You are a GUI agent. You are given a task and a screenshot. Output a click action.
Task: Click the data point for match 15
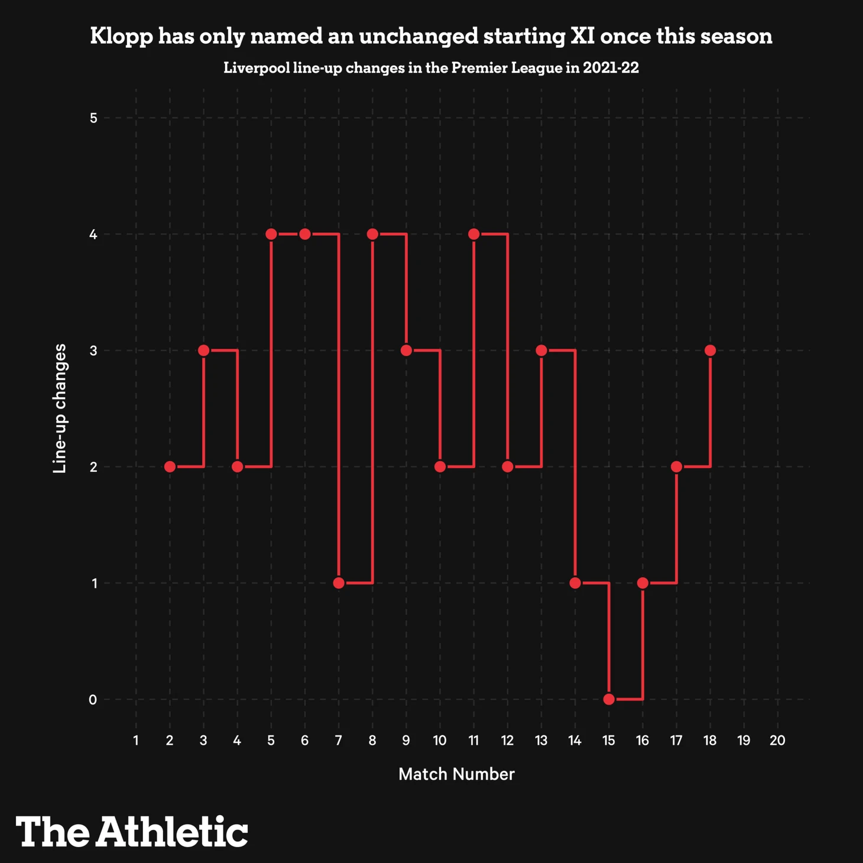point(609,699)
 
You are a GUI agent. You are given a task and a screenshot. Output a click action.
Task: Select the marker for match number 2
point(170,467)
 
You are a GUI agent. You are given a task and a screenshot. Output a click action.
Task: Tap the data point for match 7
point(339,583)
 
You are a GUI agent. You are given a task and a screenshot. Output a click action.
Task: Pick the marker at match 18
point(710,351)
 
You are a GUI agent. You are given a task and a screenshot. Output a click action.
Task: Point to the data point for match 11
point(473,234)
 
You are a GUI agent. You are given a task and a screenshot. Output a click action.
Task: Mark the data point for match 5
point(271,234)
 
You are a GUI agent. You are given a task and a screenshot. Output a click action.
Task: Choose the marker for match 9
point(406,351)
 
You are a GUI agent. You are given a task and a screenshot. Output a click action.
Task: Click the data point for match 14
point(575,583)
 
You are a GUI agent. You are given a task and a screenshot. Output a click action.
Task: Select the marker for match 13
point(541,351)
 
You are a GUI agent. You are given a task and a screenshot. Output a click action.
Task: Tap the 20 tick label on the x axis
point(777,741)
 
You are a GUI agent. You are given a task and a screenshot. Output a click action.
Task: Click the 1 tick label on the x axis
point(136,741)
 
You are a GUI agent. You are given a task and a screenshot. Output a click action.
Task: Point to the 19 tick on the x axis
point(744,741)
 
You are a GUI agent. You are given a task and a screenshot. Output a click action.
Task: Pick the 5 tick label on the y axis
point(93,118)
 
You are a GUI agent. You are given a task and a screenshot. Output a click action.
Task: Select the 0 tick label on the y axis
point(93,700)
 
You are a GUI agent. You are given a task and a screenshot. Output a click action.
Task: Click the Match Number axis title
point(456,774)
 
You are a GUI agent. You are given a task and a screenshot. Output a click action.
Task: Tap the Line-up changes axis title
point(60,408)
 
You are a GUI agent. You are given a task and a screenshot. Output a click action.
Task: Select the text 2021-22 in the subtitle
point(611,68)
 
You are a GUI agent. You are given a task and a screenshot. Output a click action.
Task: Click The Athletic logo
point(132,832)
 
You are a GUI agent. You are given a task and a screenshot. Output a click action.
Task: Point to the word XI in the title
point(582,36)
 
